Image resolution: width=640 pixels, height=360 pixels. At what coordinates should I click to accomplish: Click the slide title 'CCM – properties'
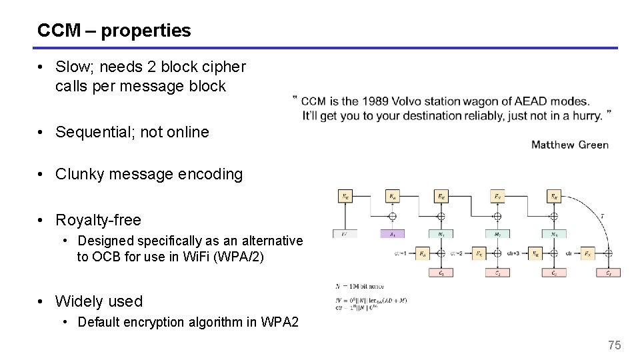(114, 31)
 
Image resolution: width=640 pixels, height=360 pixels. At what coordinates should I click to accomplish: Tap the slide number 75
(614, 345)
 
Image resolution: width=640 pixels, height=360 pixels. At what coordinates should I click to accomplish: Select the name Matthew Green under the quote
(569, 145)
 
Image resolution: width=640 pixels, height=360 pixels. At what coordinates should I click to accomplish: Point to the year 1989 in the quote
(375, 101)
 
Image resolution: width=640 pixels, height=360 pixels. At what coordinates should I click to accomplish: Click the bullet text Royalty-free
(98, 220)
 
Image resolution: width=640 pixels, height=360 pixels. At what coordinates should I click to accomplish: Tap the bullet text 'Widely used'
(99, 301)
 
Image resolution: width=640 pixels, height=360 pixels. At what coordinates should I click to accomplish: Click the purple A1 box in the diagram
(393, 234)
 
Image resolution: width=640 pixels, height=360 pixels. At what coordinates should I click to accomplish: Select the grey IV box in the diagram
(345, 234)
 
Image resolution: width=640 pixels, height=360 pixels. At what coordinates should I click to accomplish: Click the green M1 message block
(441, 234)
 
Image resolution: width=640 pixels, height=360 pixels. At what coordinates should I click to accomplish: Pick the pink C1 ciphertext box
(441, 273)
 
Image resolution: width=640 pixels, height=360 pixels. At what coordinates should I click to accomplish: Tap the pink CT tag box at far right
(609, 273)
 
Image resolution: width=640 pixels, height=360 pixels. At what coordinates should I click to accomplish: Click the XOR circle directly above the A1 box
(393, 215)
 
